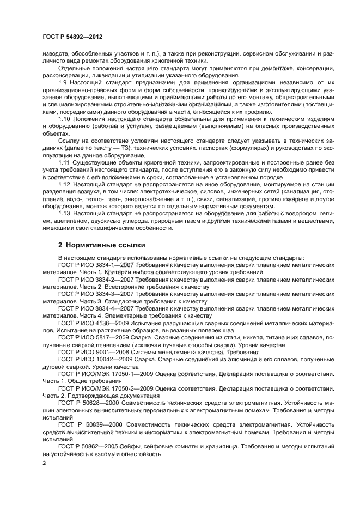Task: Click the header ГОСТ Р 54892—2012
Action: point(72,37)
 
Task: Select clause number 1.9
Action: point(63,82)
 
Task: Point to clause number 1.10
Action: point(64,118)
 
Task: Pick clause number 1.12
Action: point(64,184)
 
